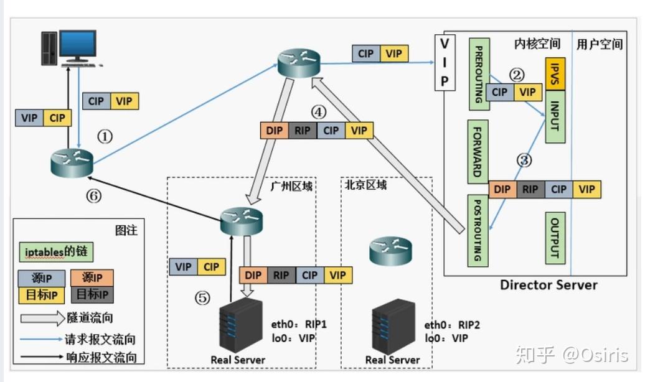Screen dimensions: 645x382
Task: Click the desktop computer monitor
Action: (78, 45)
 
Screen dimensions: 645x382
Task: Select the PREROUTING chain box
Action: (479, 75)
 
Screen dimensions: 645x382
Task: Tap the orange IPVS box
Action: (555, 74)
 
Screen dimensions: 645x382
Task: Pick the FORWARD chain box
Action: (478, 152)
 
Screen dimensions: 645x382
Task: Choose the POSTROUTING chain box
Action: (478, 230)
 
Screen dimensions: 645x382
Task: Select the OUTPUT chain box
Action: (555, 238)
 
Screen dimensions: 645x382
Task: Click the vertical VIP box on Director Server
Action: (445, 62)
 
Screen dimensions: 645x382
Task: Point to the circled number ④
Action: (318, 112)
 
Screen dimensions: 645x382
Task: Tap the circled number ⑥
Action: (94, 196)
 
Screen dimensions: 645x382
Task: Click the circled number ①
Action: (105, 136)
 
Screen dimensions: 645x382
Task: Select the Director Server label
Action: (548, 284)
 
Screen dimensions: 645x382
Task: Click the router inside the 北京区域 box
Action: (390, 251)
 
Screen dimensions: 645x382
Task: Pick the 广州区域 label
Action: (291, 186)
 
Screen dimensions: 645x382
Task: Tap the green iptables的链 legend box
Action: (56, 251)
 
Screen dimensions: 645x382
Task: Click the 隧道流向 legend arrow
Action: (43, 318)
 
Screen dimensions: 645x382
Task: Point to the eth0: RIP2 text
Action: (452, 325)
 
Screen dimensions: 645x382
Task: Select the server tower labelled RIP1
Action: (241, 325)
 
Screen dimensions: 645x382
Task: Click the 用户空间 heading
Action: (600, 44)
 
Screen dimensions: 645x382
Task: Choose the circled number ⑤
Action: (202, 297)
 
